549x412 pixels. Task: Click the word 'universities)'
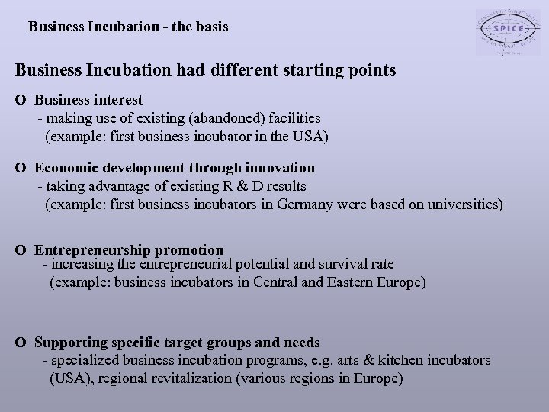(x=464, y=204)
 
